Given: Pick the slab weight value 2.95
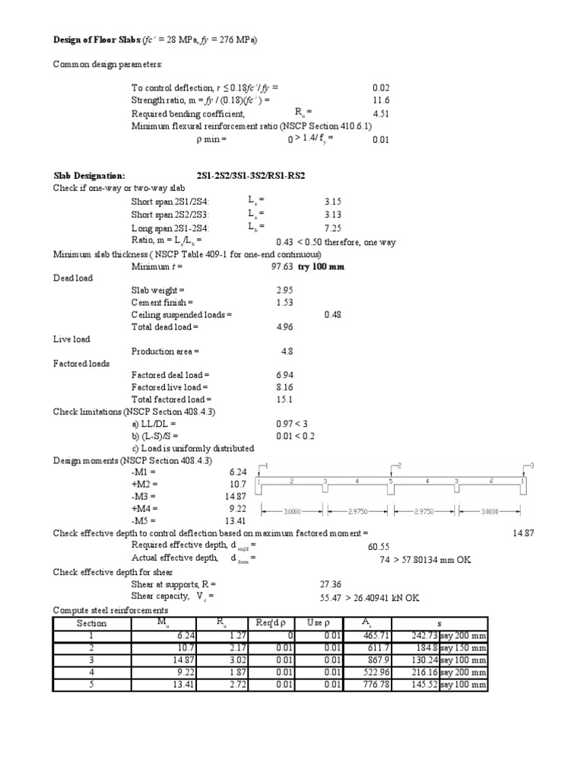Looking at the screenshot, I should (x=284, y=290).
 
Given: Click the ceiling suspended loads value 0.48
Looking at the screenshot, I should (x=332, y=314).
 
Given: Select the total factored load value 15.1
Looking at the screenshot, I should (x=284, y=399).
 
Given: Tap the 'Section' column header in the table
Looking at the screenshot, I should (x=92, y=623).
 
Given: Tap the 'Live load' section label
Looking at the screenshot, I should (x=71, y=339).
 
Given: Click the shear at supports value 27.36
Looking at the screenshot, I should (x=332, y=585).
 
